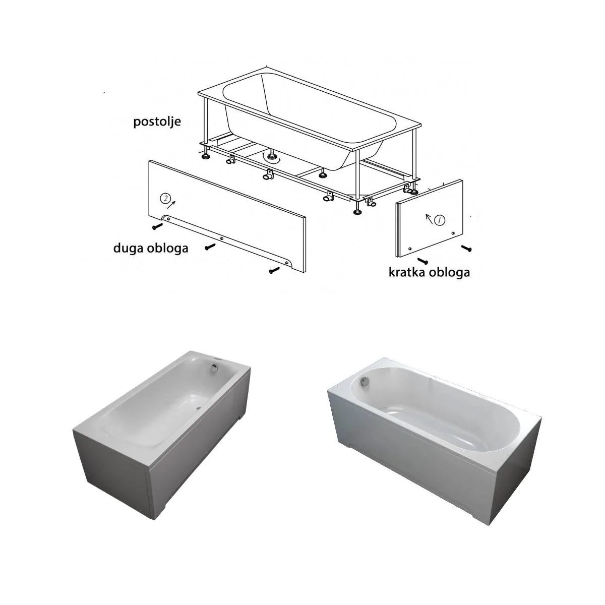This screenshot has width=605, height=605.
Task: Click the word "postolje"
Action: pos(157,122)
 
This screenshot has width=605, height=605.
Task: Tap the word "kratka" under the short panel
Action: pos(408,272)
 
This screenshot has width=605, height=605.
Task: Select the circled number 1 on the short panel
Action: pos(440,220)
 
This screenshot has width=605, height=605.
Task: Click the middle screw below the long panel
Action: pos(210,247)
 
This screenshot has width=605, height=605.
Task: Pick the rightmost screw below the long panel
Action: pos(274,270)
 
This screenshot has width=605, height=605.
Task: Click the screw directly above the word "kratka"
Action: pos(422,260)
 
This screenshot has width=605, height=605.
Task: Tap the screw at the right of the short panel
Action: pos(466,248)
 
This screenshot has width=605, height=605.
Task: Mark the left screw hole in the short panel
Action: pos(410,249)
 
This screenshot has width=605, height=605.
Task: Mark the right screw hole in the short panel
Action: pos(452,233)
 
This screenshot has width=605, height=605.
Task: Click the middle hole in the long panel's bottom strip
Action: pos(222,238)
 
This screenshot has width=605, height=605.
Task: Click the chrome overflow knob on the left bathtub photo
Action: pos(215,368)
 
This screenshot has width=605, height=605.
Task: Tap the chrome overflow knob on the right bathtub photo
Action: pos(365,381)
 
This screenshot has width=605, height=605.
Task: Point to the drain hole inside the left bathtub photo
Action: pos(199,408)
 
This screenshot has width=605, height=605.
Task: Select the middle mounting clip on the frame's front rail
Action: pos(268,174)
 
